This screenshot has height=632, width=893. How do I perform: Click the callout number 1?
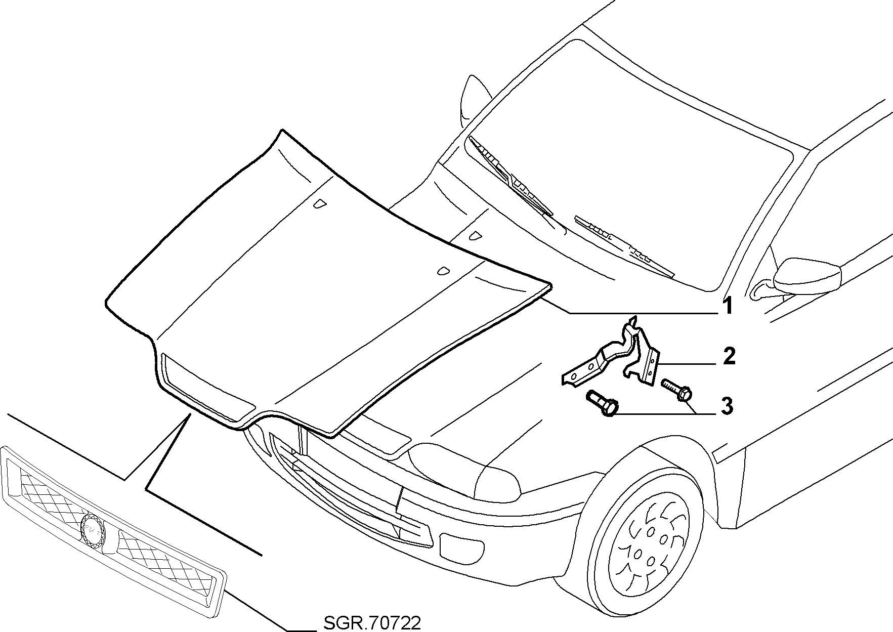click(x=727, y=306)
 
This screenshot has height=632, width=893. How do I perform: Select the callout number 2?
click(x=729, y=356)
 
